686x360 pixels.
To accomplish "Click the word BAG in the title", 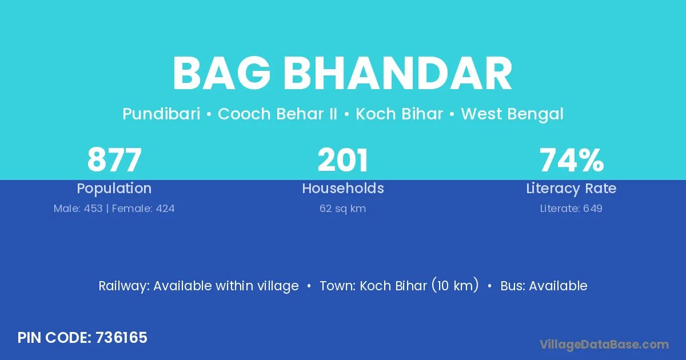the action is pos(222,74).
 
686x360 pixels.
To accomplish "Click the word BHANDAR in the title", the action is pos(398,74).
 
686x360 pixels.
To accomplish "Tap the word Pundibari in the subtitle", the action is pos(161,114).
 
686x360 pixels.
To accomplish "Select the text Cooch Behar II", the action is pos(277,114).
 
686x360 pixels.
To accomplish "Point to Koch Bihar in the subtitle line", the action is pos(400,114).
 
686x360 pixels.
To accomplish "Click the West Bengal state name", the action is pos(512,114).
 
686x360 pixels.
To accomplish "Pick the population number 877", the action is pos(114,160).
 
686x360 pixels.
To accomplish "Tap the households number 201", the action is pos(342,160).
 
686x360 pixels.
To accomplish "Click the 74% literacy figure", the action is pos(572,160).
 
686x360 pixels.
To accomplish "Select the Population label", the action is pos(114,189).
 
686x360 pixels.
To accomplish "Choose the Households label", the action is pos(343,188).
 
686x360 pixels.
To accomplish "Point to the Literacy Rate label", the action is pos(571,189).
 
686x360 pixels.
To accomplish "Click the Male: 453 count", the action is pos(78,209).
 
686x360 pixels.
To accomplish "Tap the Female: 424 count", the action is pos(143,209).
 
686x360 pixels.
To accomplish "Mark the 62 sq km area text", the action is pos(342,209).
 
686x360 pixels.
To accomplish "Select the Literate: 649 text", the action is pos(571,209).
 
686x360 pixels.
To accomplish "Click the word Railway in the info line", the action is pos(124,286).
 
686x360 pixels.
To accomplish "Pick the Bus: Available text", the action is pos(544,286).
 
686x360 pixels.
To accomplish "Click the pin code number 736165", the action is pos(121,338).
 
